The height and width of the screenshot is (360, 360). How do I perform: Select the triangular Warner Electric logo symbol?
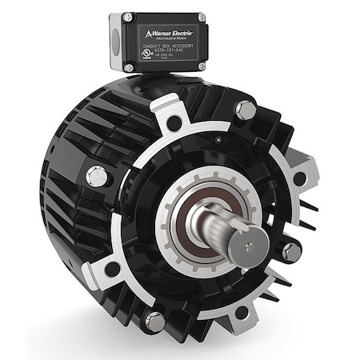coord(141,34)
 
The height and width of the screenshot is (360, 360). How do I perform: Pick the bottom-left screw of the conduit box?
coord(130,68)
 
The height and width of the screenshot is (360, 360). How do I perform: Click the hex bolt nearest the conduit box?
coord(246,111)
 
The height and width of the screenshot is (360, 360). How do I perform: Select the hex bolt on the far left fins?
coord(99,174)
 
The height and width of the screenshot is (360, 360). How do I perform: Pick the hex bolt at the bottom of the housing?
coord(154,322)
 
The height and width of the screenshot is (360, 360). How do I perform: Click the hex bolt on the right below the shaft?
coord(291,250)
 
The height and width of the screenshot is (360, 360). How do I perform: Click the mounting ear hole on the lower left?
coord(114,269)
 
